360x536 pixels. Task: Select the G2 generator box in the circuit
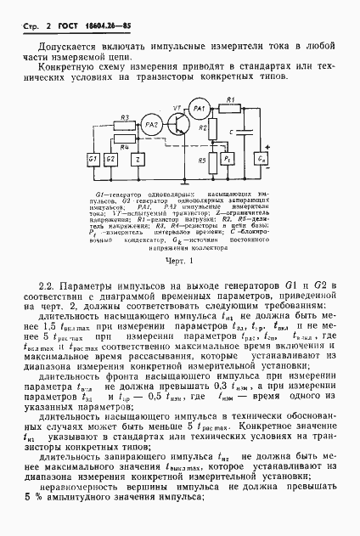coord(111,159)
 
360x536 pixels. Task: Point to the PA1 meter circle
coord(198,110)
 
